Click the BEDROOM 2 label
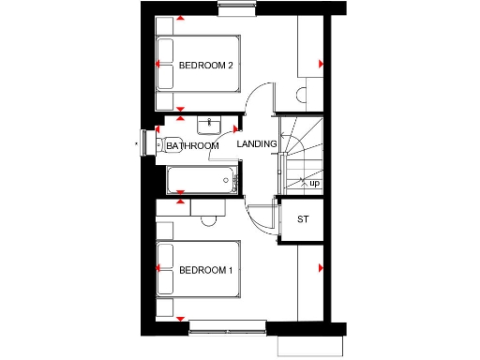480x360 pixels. pos(205,66)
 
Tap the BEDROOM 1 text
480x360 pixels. pos(205,271)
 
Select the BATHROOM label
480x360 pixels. pos(192,146)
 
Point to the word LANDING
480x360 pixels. pos(256,144)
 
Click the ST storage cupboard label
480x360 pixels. pos(302,219)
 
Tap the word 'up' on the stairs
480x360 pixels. pos(314,184)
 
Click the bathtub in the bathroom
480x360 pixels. pos(201,180)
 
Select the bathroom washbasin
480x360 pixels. pos(207,124)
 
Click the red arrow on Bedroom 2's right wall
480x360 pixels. pos(321,64)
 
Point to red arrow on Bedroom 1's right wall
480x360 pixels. pos(321,270)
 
